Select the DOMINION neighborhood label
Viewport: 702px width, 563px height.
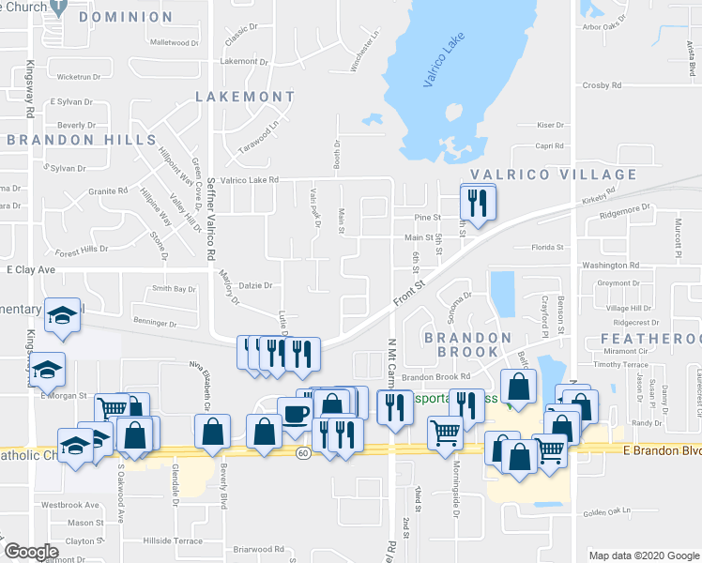(126, 17)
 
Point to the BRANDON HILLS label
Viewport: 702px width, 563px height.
(81, 140)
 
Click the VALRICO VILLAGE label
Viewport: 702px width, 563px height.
(553, 175)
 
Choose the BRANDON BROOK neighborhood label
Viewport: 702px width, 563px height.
(467, 344)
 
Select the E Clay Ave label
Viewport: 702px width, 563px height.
(32, 269)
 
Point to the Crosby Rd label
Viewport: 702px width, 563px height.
(597, 84)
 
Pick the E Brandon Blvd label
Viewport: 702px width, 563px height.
(662, 450)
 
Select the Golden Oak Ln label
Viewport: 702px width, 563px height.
(605, 511)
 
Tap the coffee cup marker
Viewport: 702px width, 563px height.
(297, 414)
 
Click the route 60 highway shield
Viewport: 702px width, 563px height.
(302, 453)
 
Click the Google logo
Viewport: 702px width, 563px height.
(31, 552)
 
